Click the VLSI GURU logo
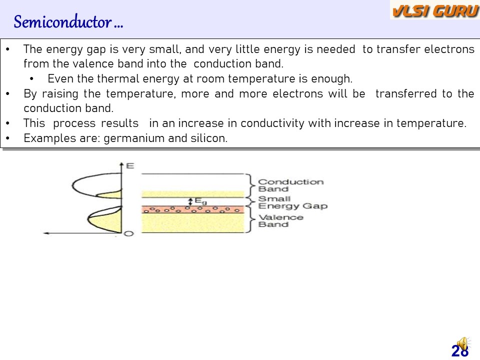click(x=434, y=10)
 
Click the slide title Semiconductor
click(x=68, y=22)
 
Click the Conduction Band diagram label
click(x=290, y=185)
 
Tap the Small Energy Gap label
click(x=292, y=202)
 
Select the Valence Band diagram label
click(x=280, y=220)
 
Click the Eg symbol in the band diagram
click(x=200, y=201)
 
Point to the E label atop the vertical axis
click(x=130, y=166)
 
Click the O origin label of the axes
click(x=129, y=233)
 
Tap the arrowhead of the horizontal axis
click(x=46, y=233)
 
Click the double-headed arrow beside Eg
click(x=190, y=201)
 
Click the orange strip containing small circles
click(x=193, y=209)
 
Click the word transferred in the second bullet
click(x=406, y=93)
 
